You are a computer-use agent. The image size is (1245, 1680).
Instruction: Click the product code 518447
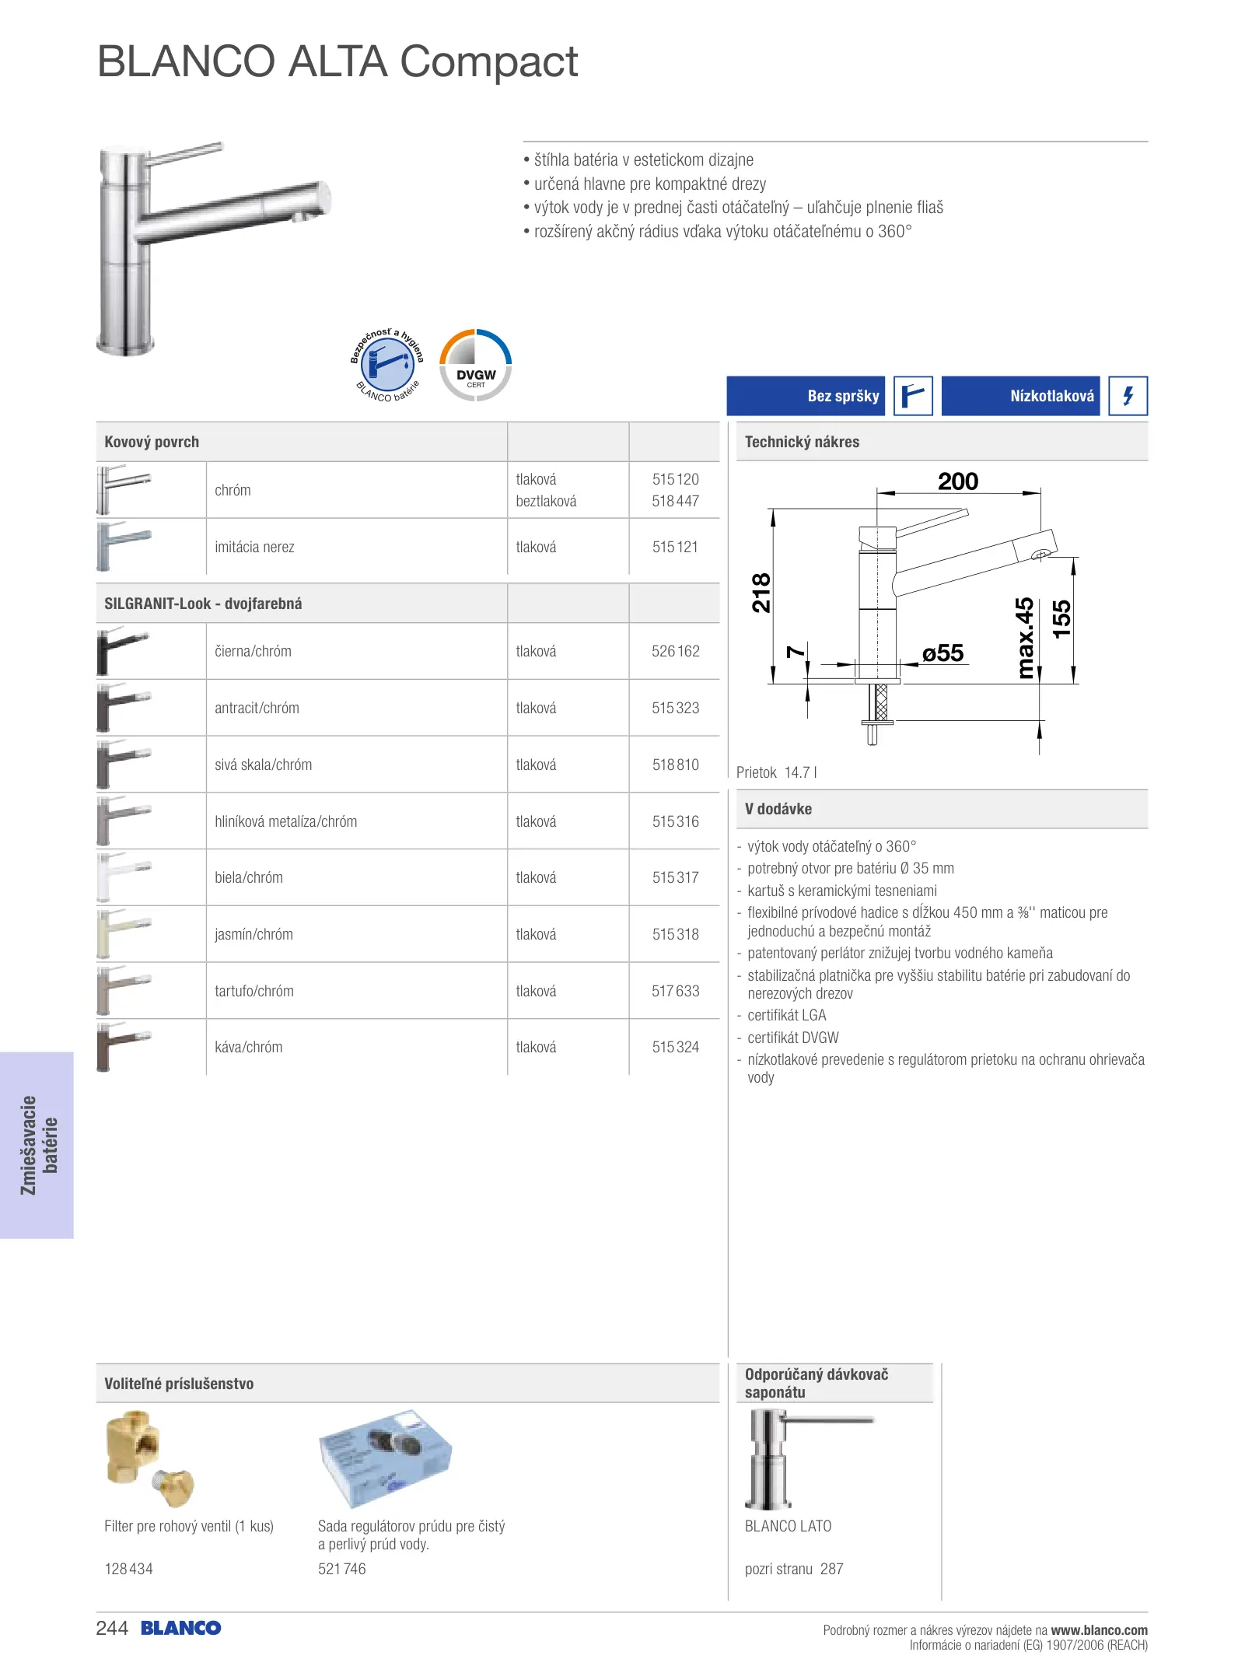pyautogui.click(x=675, y=502)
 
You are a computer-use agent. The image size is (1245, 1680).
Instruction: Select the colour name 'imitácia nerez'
pyautogui.click(x=254, y=548)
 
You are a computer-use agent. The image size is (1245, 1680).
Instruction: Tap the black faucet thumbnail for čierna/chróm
pyautogui.click(x=123, y=651)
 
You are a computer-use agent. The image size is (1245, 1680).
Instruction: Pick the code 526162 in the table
pyautogui.click(x=675, y=652)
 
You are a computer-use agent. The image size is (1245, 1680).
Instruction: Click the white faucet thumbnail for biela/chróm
pyautogui.click(x=123, y=877)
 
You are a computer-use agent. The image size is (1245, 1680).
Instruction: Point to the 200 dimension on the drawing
pyautogui.click(x=957, y=482)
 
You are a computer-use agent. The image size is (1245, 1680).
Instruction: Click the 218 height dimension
pyautogui.click(x=761, y=593)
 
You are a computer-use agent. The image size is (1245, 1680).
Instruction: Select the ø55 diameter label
pyautogui.click(x=942, y=653)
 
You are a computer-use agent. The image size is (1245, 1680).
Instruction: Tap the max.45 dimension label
pyautogui.click(x=1026, y=638)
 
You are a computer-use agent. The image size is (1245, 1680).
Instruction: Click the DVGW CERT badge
pyautogui.click(x=476, y=366)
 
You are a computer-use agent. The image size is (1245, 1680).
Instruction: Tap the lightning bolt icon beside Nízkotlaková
pyautogui.click(x=1128, y=396)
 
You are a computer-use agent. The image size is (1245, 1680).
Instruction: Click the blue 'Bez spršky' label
pyautogui.click(x=806, y=396)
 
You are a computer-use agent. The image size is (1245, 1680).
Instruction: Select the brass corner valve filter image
pyautogui.click(x=148, y=1458)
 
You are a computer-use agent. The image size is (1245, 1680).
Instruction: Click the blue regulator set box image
pyautogui.click(x=386, y=1458)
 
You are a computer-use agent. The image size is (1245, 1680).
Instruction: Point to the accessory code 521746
pyautogui.click(x=341, y=1570)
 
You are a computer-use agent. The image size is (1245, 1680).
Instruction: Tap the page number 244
pyautogui.click(x=112, y=1629)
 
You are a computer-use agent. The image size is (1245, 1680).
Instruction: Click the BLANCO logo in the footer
pyautogui.click(x=181, y=1629)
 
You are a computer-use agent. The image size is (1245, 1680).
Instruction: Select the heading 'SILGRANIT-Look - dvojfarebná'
pyautogui.click(x=203, y=604)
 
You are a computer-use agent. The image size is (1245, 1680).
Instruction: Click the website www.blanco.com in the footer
pyautogui.click(x=1099, y=1630)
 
